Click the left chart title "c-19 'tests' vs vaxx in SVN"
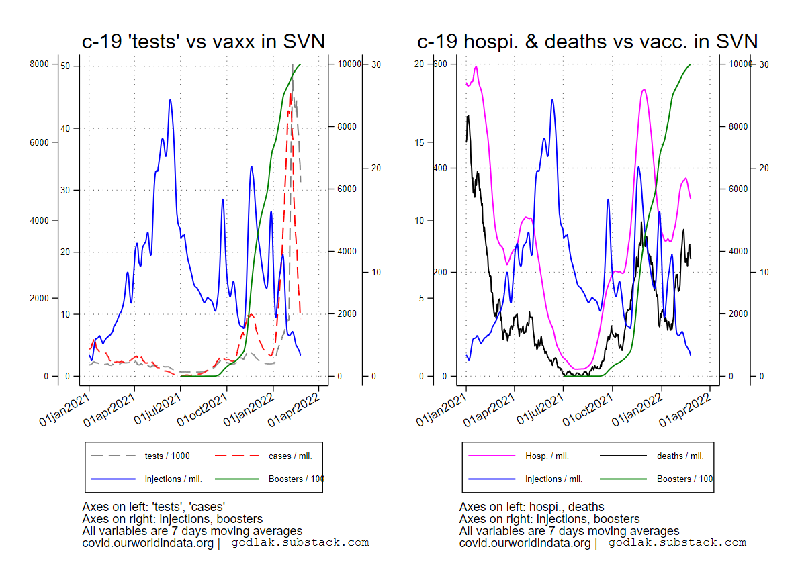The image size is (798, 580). pyautogui.click(x=203, y=42)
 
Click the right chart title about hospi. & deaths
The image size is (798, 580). pyautogui.click(x=587, y=42)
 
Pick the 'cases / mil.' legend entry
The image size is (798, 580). pyautogui.click(x=290, y=456)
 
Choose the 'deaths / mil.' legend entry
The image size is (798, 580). pyautogui.click(x=680, y=456)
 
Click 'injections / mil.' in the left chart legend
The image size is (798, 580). pyautogui.click(x=173, y=479)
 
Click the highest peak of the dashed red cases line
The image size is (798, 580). pyautogui.click(x=290, y=93)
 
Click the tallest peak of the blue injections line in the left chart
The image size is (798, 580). pyautogui.click(x=171, y=100)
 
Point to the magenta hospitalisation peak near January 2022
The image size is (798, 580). pyautogui.click(x=644, y=89)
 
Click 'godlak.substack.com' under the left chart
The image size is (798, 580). pyautogui.click(x=300, y=542)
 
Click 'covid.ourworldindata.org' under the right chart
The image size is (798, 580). pyautogui.click(x=525, y=542)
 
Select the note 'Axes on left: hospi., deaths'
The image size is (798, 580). pyautogui.click(x=531, y=507)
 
